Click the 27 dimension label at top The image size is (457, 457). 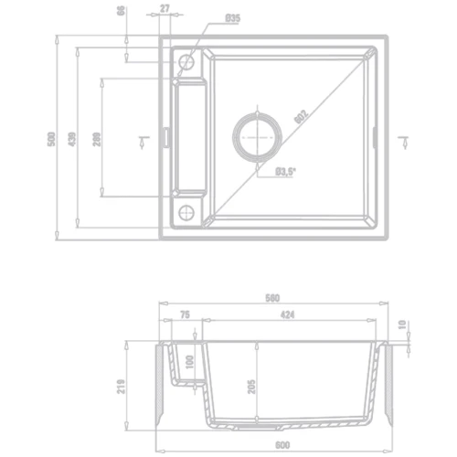pos(165,8)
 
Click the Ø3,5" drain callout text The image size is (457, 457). pos(286,170)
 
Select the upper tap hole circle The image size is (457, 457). pos(186,62)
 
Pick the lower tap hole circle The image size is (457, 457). pos(186,213)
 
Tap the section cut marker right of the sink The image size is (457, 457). pos(405,138)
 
